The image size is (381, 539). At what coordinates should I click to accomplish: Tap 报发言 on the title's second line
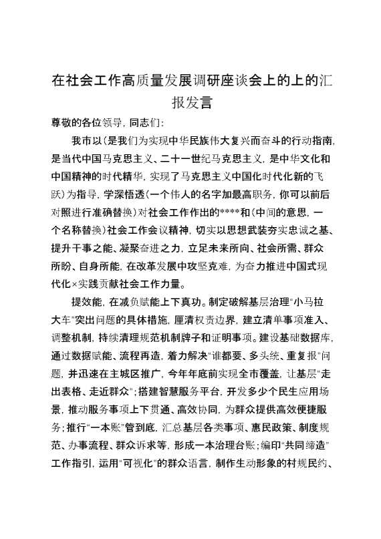click(192, 104)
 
